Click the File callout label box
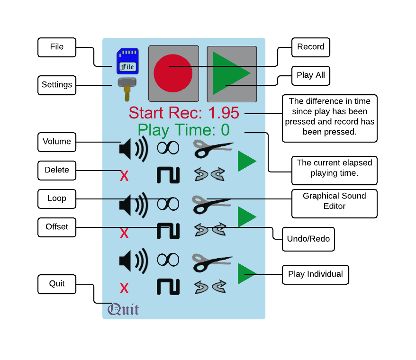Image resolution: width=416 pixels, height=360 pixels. click(57, 47)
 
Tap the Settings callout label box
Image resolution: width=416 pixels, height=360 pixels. click(57, 85)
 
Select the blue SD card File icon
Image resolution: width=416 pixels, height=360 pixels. click(127, 62)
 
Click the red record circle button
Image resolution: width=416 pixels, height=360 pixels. click(173, 73)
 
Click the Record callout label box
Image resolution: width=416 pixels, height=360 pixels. click(311, 47)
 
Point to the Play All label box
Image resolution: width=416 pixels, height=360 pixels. click(311, 75)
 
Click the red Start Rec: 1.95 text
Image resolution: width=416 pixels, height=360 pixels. click(184, 113)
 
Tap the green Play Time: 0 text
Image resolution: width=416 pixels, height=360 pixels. click(183, 130)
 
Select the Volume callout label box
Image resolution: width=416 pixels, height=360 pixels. click(57, 142)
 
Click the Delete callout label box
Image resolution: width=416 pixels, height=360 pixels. click(57, 170)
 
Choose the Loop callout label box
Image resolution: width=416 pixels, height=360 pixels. click(57, 198)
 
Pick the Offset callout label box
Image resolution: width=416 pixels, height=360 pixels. click(57, 227)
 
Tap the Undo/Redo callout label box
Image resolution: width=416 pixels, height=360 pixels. click(308, 239)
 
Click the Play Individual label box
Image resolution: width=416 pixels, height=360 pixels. click(316, 274)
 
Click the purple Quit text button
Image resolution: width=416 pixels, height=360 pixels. click(123, 310)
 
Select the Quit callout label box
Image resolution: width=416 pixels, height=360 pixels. click(57, 284)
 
